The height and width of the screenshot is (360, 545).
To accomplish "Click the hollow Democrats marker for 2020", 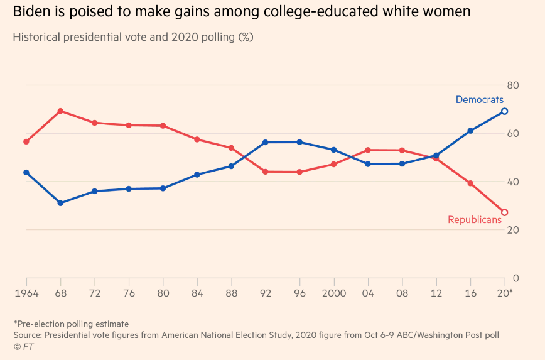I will pyautogui.click(x=504, y=111).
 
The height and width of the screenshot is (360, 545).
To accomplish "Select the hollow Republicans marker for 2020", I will pyautogui.click(x=504, y=212).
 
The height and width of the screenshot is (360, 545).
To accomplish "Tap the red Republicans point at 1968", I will pyautogui.click(x=60, y=111).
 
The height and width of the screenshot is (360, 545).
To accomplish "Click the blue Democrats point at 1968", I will pyautogui.click(x=60, y=203).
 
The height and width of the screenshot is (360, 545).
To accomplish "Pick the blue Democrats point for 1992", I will pyautogui.click(x=266, y=143).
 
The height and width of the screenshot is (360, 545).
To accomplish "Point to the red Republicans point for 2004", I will pyautogui.click(x=368, y=150).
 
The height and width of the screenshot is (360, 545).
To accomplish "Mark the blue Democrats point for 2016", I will pyautogui.click(x=470, y=131).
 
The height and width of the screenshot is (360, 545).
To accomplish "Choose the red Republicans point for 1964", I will pyautogui.click(x=26, y=141).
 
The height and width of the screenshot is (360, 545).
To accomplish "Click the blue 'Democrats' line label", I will pyautogui.click(x=480, y=99).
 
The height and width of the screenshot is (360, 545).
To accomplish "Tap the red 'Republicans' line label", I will pyautogui.click(x=475, y=220).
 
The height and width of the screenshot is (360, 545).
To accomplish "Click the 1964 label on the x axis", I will pyautogui.click(x=26, y=293).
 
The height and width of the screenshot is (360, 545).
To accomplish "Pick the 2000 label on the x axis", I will pyautogui.click(x=333, y=293).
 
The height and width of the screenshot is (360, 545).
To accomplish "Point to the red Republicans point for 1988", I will pyautogui.click(x=231, y=148).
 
